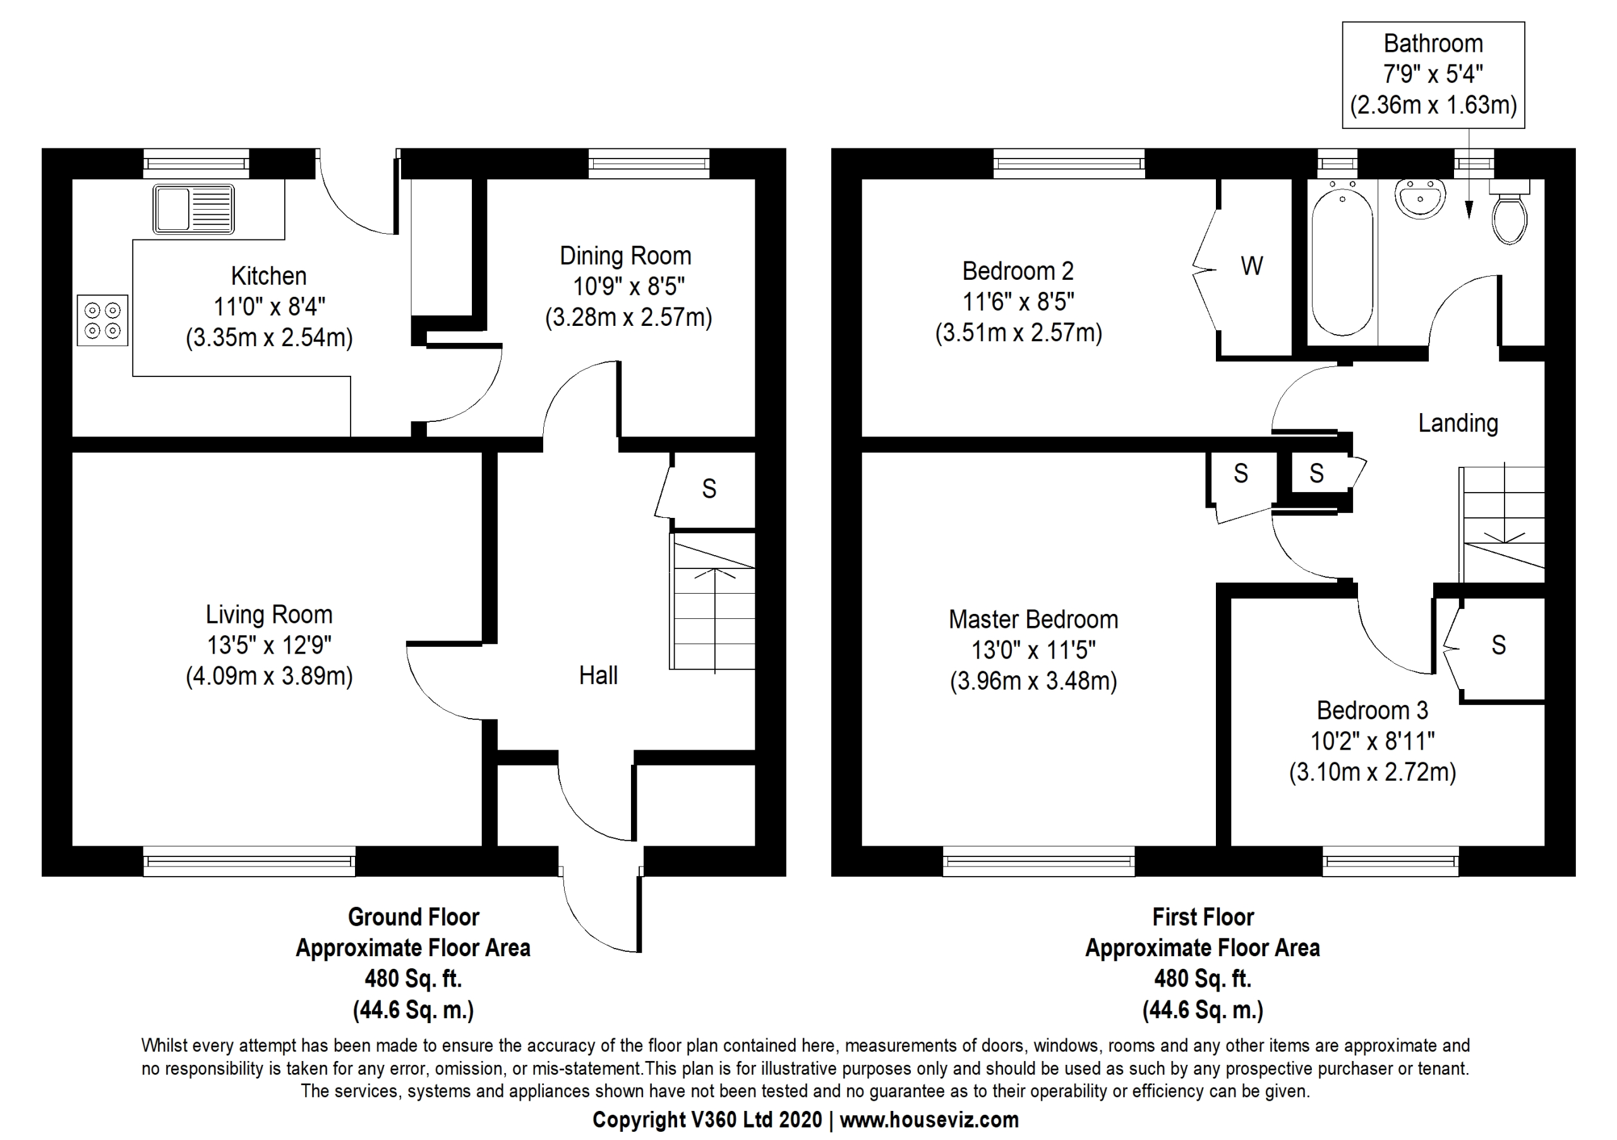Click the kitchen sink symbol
click(x=194, y=209)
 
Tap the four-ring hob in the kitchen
click(x=103, y=320)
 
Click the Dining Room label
click(x=625, y=256)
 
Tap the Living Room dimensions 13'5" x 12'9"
click(x=269, y=645)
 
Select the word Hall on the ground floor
click(x=599, y=675)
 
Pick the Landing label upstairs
click(x=1458, y=423)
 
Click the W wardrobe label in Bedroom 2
click(x=1251, y=266)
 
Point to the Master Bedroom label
click(x=1033, y=620)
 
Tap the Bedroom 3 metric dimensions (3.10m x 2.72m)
click(x=1373, y=772)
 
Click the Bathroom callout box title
click(x=1433, y=44)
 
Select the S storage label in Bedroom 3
click(x=1499, y=645)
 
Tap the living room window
click(x=249, y=861)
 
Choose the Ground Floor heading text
click(x=413, y=917)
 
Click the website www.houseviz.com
click(x=929, y=1120)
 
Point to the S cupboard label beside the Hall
click(x=709, y=489)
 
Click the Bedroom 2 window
click(x=1069, y=164)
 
